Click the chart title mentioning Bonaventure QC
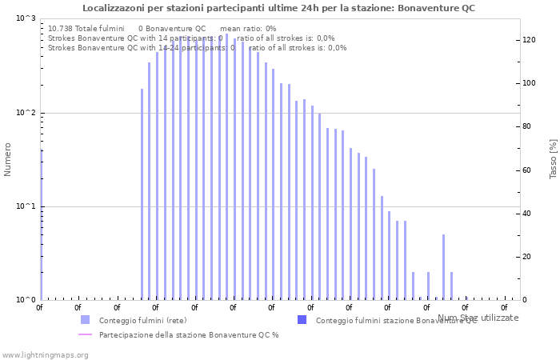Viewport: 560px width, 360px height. (x=278, y=8)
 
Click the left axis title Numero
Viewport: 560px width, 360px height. (x=8, y=159)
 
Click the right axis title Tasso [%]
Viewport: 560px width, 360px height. (x=553, y=158)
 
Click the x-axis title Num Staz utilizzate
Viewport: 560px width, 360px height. (x=478, y=318)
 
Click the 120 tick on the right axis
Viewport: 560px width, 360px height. (x=528, y=40)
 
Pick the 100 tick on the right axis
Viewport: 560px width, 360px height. (x=528, y=83)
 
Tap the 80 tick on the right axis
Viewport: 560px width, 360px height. (x=526, y=126)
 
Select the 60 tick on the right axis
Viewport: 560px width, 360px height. (x=526, y=170)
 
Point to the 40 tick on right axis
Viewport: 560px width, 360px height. (x=526, y=214)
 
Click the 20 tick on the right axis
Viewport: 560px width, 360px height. (x=526, y=257)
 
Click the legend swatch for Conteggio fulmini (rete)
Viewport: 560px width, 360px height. (x=85, y=320)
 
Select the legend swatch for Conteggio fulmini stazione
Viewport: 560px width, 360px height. (x=302, y=320)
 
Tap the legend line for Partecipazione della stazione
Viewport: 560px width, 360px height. (x=85, y=334)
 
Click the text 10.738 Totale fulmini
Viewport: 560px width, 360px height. (x=86, y=28)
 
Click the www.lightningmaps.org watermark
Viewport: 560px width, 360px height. (x=45, y=354)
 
